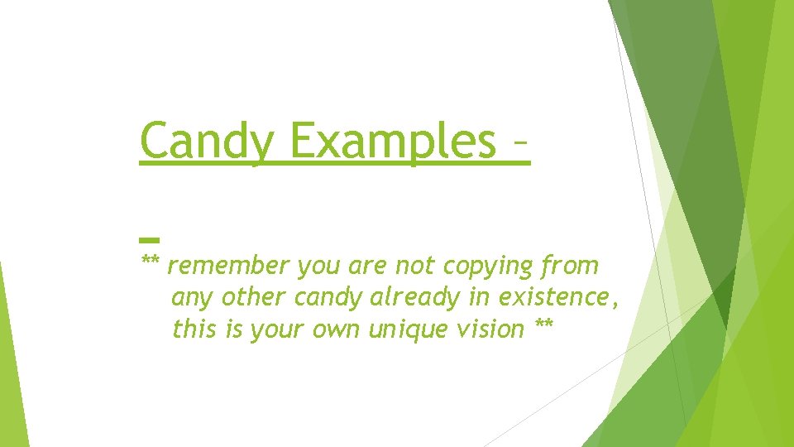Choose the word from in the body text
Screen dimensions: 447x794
[x=569, y=267]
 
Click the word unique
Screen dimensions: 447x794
[x=407, y=329]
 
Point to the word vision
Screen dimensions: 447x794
[x=490, y=329]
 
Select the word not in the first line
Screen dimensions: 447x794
[x=416, y=267]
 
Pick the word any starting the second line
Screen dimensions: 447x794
[x=189, y=298]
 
